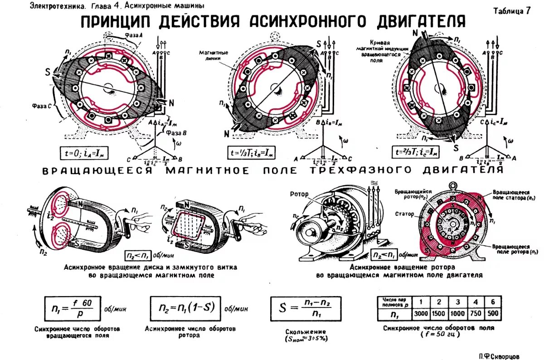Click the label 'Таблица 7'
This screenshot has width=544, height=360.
pyautogui.click(x=512, y=11)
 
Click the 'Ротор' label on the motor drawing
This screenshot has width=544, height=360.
pyautogui.click(x=299, y=194)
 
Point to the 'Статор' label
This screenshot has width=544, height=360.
pyautogui.click(x=404, y=214)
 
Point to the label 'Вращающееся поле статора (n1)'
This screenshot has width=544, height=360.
pyautogui.click(x=511, y=195)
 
